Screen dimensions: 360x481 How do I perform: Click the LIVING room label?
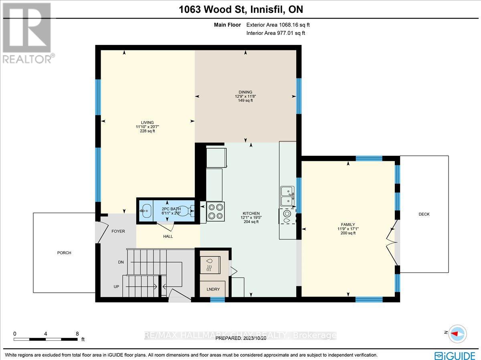pos(147,123)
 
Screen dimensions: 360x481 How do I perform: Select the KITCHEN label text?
pos(251,213)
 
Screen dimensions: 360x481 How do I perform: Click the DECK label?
pos(424,214)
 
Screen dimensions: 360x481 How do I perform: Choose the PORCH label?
pos(64,253)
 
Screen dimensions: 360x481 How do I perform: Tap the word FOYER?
pos(118,231)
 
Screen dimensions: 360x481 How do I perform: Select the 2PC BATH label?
pos(171,209)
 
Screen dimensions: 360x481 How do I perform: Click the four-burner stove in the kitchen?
pos(216,211)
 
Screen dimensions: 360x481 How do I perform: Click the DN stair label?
pos(121,262)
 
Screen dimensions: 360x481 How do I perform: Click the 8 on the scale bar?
pos(77,333)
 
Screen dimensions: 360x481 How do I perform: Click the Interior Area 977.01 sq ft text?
pos(275,33)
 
